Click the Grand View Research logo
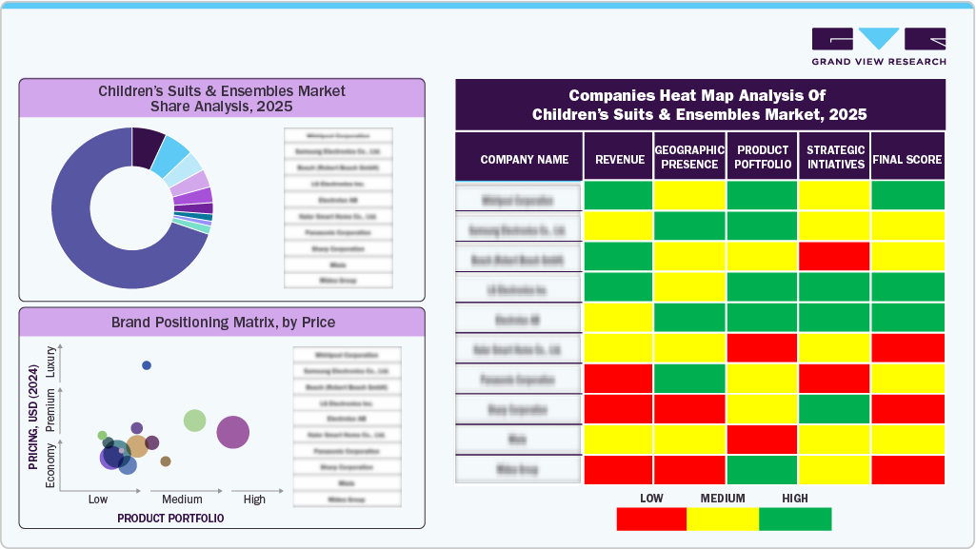pos(878,46)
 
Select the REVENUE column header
pos(619,160)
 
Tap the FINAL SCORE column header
pos(907,160)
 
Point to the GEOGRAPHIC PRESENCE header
pos(690,157)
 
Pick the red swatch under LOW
pos(651,519)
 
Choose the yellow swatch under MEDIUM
pos(723,519)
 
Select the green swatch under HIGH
pos(795,519)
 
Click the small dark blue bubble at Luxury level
pos(147,365)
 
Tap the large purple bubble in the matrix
pos(233,432)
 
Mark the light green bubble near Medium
pos(194,420)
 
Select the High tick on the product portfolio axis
pos(254,500)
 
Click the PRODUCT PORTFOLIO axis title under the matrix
pos(170,519)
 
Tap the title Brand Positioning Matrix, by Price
pos(223,322)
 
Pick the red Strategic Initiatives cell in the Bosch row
pos(834,257)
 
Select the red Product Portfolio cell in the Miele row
pos(762,440)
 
